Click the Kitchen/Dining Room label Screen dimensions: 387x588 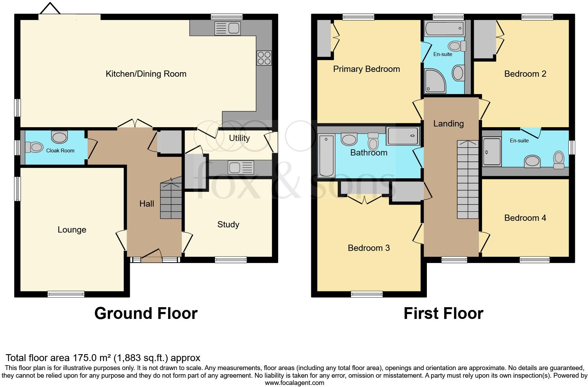[x=146, y=74]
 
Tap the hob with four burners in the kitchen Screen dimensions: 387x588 [x=264, y=58]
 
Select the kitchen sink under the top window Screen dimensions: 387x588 [x=227, y=28]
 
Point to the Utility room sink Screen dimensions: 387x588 [x=241, y=168]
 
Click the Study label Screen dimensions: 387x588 [x=228, y=225]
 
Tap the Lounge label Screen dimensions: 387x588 [x=72, y=230]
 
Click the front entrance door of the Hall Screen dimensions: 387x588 [x=151, y=257]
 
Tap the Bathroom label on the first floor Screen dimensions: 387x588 [x=369, y=153]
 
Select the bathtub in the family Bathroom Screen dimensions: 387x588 [x=326, y=155]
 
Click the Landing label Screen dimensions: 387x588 [x=448, y=123]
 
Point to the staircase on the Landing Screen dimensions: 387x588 [x=468, y=180]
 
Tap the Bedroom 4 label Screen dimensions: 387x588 [x=525, y=218]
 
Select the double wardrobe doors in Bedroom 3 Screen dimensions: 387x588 [x=364, y=199]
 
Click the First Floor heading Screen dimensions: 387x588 [x=443, y=313]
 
